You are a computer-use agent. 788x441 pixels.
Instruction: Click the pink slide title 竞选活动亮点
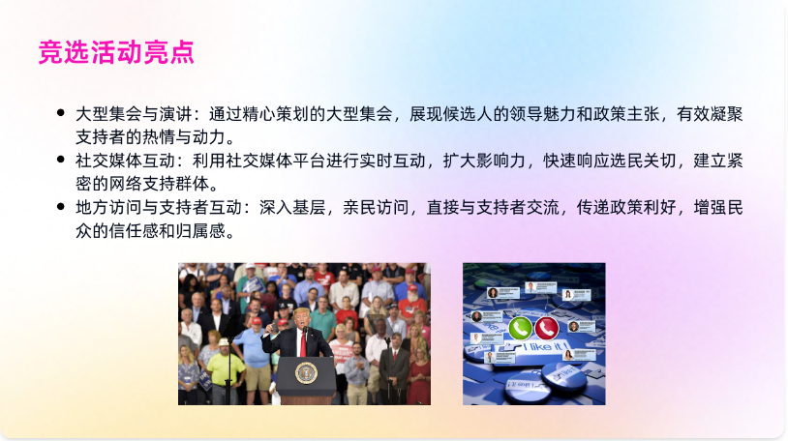(x=116, y=52)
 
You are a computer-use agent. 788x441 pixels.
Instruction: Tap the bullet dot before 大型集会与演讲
(x=61, y=113)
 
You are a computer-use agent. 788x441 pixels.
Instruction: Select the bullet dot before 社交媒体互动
(x=61, y=160)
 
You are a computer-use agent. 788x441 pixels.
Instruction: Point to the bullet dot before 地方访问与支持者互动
(x=61, y=206)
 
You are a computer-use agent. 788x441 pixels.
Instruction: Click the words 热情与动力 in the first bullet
(x=183, y=136)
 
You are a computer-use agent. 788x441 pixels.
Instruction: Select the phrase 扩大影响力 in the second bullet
(x=484, y=161)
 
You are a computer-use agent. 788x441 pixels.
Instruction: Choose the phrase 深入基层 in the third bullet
(x=292, y=207)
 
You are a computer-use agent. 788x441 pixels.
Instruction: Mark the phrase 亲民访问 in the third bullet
(x=376, y=207)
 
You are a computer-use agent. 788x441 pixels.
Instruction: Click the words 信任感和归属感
(x=167, y=230)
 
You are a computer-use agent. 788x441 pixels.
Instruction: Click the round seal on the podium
(x=306, y=373)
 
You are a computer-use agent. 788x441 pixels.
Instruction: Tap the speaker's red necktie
(x=303, y=343)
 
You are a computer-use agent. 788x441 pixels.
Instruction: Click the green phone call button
(x=520, y=329)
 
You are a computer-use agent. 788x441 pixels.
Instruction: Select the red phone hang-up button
(x=547, y=329)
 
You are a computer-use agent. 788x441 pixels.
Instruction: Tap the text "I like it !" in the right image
(x=545, y=346)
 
